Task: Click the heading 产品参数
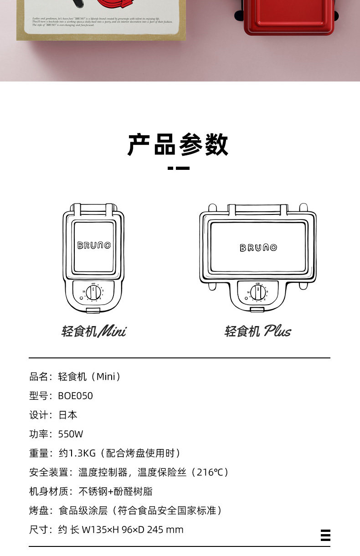point(178,145)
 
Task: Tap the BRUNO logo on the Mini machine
point(94,245)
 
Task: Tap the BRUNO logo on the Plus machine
point(258,248)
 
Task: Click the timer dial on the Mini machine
point(93,291)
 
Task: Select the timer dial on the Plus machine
point(258,291)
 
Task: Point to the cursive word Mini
point(112,331)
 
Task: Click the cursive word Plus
point(277,331)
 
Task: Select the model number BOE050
point(75,396)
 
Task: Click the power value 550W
point(71,434)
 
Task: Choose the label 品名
point(38,377)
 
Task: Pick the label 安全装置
point(47,472)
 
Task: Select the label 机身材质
point(47,491)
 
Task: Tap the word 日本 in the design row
point(68,415)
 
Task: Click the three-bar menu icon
point(325,535)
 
